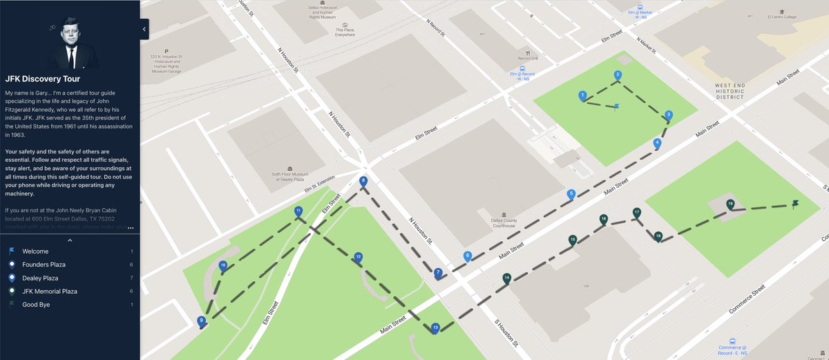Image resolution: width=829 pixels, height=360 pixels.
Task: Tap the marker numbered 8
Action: click(363, 182)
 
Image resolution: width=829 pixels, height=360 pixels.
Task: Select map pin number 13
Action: click(435, 328)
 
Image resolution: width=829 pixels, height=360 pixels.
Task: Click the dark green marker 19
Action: click(730, 205)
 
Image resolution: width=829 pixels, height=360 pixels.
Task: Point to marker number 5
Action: click(571, 195)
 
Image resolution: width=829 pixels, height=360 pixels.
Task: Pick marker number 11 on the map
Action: click(298, 211)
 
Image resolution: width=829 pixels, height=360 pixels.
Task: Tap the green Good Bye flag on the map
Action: click(795, 204)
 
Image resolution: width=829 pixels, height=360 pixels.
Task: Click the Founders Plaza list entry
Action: click(44, 265)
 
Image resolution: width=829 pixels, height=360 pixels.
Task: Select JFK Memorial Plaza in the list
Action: click(53, 291)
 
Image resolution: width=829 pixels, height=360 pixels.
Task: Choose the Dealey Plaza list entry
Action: click(40, 278)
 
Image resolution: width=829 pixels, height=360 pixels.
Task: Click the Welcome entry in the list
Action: click(35, 251)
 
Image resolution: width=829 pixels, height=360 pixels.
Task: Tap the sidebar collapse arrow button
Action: click(144, 29)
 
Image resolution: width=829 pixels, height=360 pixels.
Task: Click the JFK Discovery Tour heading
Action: click(43, 79)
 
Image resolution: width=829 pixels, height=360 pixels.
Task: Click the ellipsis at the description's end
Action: click(131, 227)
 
